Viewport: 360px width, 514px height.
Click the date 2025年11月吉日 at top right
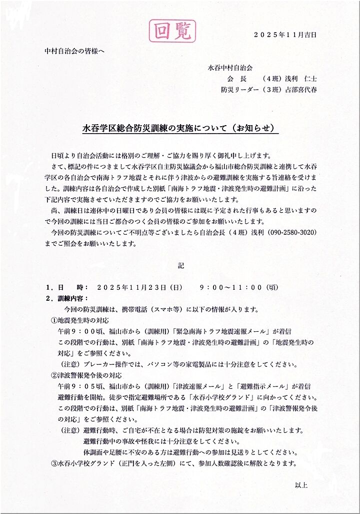click(285, 35)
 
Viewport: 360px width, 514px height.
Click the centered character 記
click(181, 266)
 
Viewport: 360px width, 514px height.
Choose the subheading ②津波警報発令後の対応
click(86, 375)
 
